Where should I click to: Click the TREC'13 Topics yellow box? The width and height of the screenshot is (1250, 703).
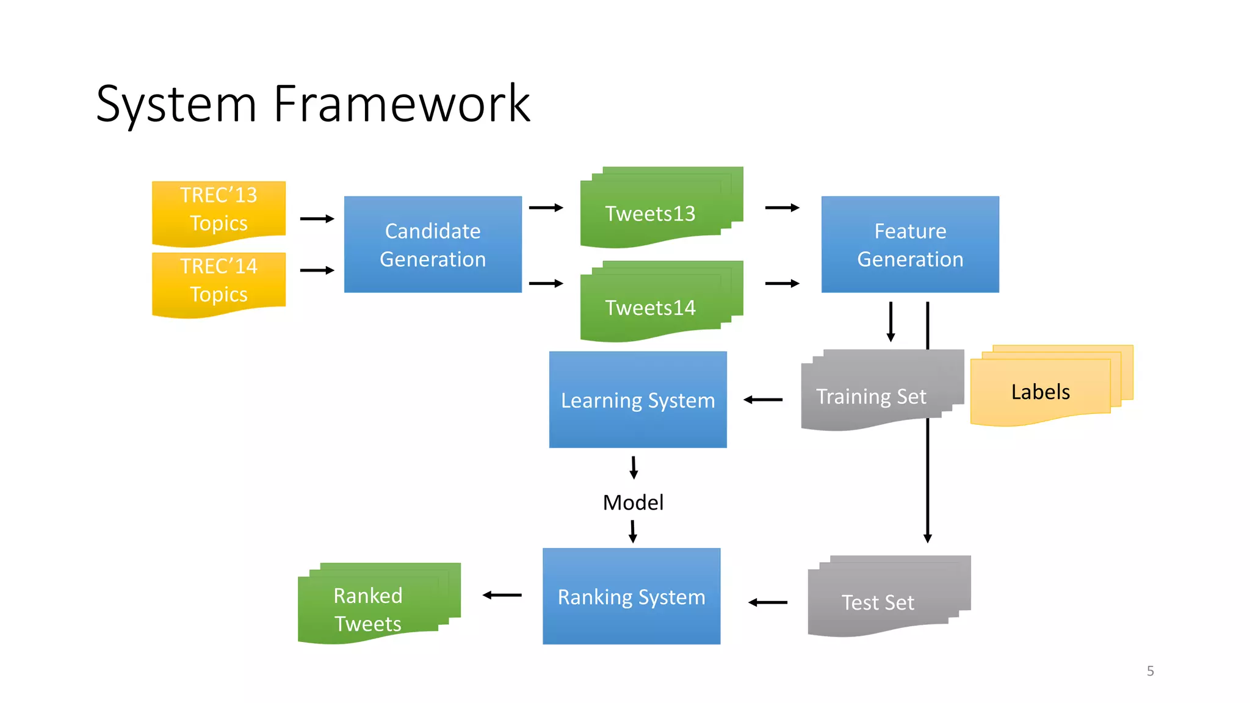[x=219, y=209]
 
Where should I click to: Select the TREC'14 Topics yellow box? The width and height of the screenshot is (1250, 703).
[x=219, y=281]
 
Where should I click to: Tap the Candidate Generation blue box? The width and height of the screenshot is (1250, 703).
[x=433, y=245]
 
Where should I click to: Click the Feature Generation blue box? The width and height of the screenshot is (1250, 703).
[x=910, y=245]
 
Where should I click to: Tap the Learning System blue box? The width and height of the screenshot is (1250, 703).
[x=638, y=400]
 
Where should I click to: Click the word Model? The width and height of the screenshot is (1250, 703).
[x=633, y=502]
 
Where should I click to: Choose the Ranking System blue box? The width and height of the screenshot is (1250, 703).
[x=631, y=596]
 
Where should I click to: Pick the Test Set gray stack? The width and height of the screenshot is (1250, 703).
[x=878, y=602]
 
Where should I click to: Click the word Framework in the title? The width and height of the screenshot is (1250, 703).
[x=402, y=104]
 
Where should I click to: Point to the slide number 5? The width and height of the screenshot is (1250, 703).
[x=1150, y=671]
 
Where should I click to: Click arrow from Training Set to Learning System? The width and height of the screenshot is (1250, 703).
[x=763, y=400]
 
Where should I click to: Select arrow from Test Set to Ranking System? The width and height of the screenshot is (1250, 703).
[x=768, y=602]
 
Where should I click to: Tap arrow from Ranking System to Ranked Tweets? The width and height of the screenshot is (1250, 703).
[x=502, y=595]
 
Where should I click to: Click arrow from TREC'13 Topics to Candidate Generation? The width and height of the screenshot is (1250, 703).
[x=317, y=218]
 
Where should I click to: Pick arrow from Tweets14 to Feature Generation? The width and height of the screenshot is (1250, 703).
[x=782, y=283]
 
